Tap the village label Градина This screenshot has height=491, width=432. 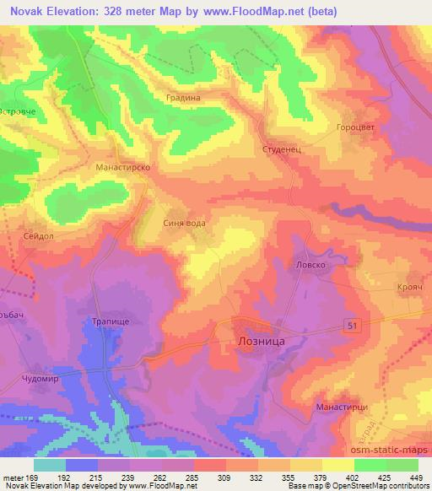[x=183, y=98]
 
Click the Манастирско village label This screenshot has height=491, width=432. [x=122, y=168]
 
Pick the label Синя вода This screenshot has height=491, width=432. [x=183, y=224]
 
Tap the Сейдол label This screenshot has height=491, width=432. [x=39, y=237]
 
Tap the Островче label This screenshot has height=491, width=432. [x=19, y=111]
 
